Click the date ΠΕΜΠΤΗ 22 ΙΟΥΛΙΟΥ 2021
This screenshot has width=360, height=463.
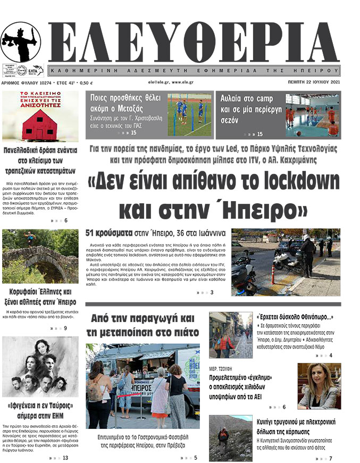pyautogui.click(x=325, y=83)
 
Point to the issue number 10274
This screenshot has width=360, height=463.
pyautogui.click(x=41, y=83)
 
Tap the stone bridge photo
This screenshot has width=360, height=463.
pyautogui.click(x=40, y=257)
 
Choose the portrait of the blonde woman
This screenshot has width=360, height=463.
pyautogui.click(x=319, y=386)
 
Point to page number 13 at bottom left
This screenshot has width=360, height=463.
pyautogui.click(x=65, y=458)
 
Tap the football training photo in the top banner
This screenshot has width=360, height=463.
pyautogui.click(x=190, y=114)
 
